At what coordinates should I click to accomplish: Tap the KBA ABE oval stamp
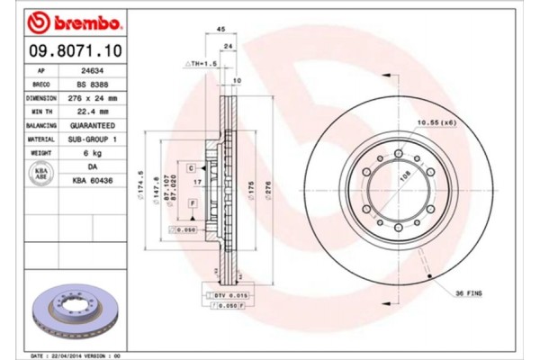pyautogui.click(x=40, y=175)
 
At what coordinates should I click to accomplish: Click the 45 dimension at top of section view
pyautogui.click(x=220, y=30)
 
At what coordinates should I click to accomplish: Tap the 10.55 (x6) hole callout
pyautogui.click(x=436, y=120)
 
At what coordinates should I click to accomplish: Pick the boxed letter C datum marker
pyautogui.click(x=192, y=168)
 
